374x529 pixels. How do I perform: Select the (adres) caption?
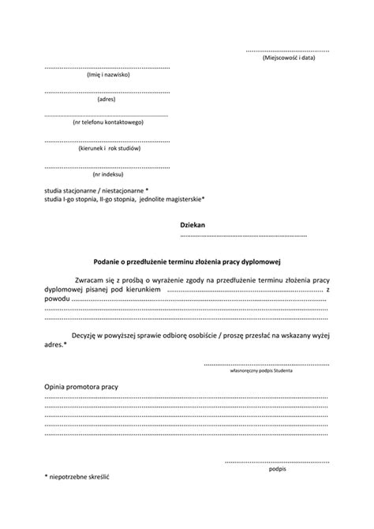107,99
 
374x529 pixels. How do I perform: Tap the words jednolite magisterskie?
171,199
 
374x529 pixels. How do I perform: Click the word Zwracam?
89,280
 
